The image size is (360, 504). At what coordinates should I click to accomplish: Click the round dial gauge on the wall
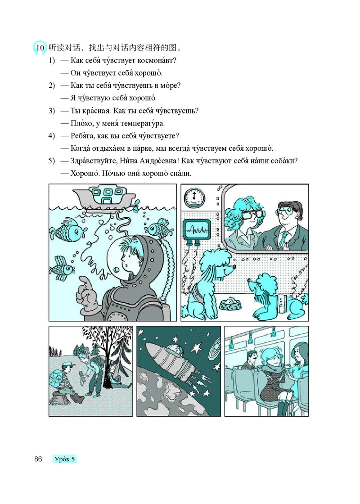pos(194,197)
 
